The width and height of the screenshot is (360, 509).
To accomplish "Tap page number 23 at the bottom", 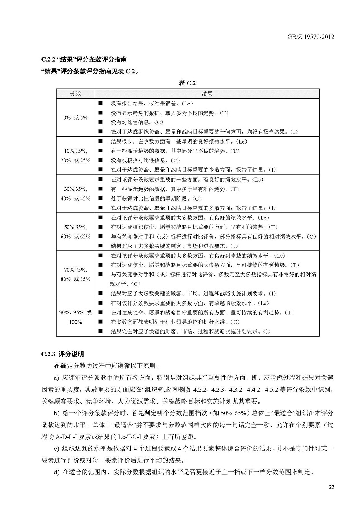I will click(x=332, y=487).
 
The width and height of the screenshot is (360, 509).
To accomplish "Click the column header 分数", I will click(x=75, y=93).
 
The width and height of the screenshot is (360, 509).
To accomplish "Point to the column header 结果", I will click(x=207, y=93).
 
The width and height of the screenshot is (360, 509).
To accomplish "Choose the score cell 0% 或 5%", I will click(x=75, y=118).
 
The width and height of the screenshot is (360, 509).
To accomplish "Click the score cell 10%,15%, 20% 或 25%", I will click(x=75, y=155).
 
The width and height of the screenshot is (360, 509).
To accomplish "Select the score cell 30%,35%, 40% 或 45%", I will click(x=75, y=193).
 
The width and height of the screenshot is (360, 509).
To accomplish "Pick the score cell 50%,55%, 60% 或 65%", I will click(x=75, y=231).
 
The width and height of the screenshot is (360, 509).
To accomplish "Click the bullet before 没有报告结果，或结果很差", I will click(x=100, y=103).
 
